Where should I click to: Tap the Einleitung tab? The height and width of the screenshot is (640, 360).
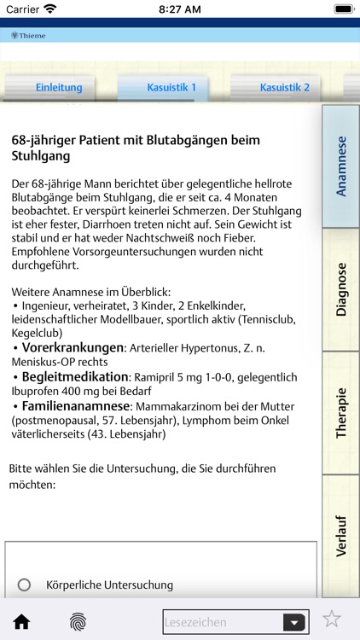58,87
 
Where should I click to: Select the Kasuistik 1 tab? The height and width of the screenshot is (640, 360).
171,87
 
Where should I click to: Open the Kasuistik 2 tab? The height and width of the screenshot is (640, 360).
285,87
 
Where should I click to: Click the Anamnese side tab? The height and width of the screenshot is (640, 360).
341,166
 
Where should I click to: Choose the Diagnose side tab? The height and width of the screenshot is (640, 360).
341,289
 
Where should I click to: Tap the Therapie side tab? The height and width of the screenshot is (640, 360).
341,413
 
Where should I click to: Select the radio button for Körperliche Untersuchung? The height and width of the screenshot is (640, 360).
24,585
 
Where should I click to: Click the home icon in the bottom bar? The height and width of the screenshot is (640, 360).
21,620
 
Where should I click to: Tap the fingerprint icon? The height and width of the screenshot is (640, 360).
78,620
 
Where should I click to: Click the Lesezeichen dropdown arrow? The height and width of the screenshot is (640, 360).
294,622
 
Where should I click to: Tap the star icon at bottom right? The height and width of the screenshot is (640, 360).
332,620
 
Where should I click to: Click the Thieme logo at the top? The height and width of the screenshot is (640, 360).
29,36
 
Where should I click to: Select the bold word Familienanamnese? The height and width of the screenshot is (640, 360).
74,406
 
